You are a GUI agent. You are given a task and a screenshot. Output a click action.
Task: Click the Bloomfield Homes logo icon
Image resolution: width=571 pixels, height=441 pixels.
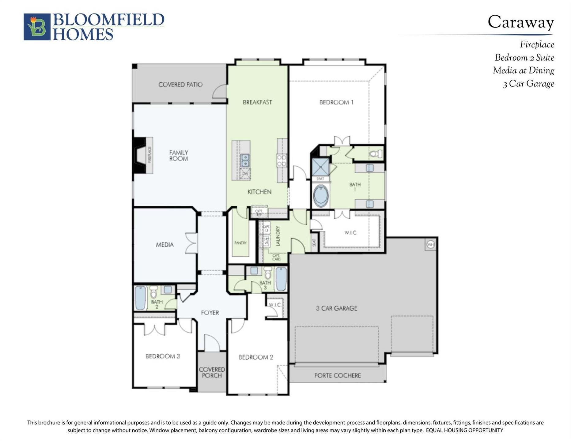click(37, 27)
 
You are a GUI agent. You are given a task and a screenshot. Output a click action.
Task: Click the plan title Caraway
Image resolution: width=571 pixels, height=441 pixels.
click(520, 22)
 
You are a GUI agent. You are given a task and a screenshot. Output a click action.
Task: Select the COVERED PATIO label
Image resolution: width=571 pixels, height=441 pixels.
click(180, 85)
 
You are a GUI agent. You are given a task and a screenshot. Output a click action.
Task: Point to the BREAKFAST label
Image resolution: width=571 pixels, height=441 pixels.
click(257, 102)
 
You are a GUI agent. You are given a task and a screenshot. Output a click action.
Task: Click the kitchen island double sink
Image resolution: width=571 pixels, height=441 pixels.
click(245, 160)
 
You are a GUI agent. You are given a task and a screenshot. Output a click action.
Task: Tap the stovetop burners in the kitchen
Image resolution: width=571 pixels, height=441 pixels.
click(282, 160)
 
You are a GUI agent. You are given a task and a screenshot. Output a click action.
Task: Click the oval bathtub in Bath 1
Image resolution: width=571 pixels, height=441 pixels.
click(321, 196)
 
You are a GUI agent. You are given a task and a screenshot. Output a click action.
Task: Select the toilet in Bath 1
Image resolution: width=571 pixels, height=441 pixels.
click(376, 153)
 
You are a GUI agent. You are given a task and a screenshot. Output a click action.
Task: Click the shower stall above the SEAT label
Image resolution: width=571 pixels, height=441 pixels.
click(320, 167)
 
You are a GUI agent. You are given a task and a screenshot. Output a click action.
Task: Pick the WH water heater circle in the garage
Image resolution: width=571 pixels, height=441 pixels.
click(430, 244)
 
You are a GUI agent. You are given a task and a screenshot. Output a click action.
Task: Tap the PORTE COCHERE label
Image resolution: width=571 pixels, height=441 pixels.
click(337, 375)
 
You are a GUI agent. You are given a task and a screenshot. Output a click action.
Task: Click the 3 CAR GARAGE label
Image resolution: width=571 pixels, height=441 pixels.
click(336, 308)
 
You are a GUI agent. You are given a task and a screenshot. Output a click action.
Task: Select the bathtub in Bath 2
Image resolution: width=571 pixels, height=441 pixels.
click(140, 298)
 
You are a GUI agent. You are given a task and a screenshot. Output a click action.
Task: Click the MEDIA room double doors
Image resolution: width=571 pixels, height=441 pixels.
click(191, 243)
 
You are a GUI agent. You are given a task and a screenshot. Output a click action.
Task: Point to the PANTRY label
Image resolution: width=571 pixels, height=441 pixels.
click(240, 243)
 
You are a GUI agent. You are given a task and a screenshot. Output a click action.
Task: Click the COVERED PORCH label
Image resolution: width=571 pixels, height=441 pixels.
click(212, 372)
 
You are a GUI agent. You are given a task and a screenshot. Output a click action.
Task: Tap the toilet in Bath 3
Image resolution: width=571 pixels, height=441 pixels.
click(268, 272)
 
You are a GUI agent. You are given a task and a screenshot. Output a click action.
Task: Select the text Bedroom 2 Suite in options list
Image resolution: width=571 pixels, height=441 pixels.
click(524, 58)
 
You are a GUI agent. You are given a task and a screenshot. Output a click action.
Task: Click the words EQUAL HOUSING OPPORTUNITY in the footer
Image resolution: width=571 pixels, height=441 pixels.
click(464, 430)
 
